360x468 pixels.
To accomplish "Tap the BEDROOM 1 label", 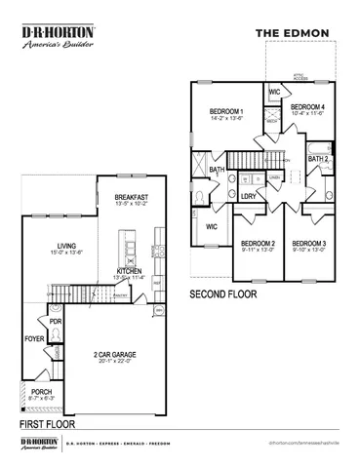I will tap(226, 112).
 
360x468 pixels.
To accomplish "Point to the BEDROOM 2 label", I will tap(259, 243).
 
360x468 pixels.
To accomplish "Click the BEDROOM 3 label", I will tap(309, 243).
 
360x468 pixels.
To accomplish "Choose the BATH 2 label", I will tap(318, 158).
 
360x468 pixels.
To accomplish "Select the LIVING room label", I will tap(67, 246).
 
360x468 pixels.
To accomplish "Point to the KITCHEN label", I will tap(131, 270).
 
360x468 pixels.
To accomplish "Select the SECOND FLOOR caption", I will tap(224, 292).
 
